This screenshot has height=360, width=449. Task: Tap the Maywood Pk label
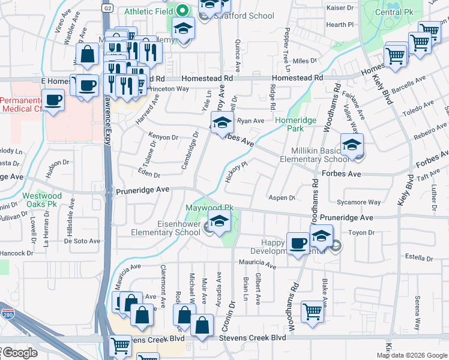[209, 208]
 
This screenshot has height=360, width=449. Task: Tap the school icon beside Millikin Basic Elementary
[352, 144]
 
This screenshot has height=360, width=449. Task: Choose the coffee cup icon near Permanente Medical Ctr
[53, 100]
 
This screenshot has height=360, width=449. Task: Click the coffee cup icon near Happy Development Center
[298, 243]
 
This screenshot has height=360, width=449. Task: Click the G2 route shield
[107, 8]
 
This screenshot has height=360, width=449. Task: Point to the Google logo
[20, 353]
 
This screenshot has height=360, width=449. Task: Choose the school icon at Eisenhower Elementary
[219, 220]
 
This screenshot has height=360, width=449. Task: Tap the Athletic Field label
[148, 11]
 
